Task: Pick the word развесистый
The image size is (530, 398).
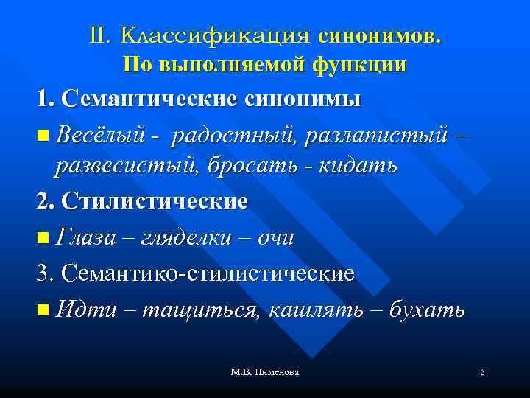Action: [x=127, y=166]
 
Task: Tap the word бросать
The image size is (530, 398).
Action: [x=254, y=166]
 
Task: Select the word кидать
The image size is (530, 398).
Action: [x=358, y=166]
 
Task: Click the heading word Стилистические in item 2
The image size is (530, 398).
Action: [x=155, y=200]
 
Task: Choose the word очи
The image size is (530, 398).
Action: [x=272, y=237]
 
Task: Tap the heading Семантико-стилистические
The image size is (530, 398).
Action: [x=208, y=273]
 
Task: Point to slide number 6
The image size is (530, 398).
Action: [x=482, y=374]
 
